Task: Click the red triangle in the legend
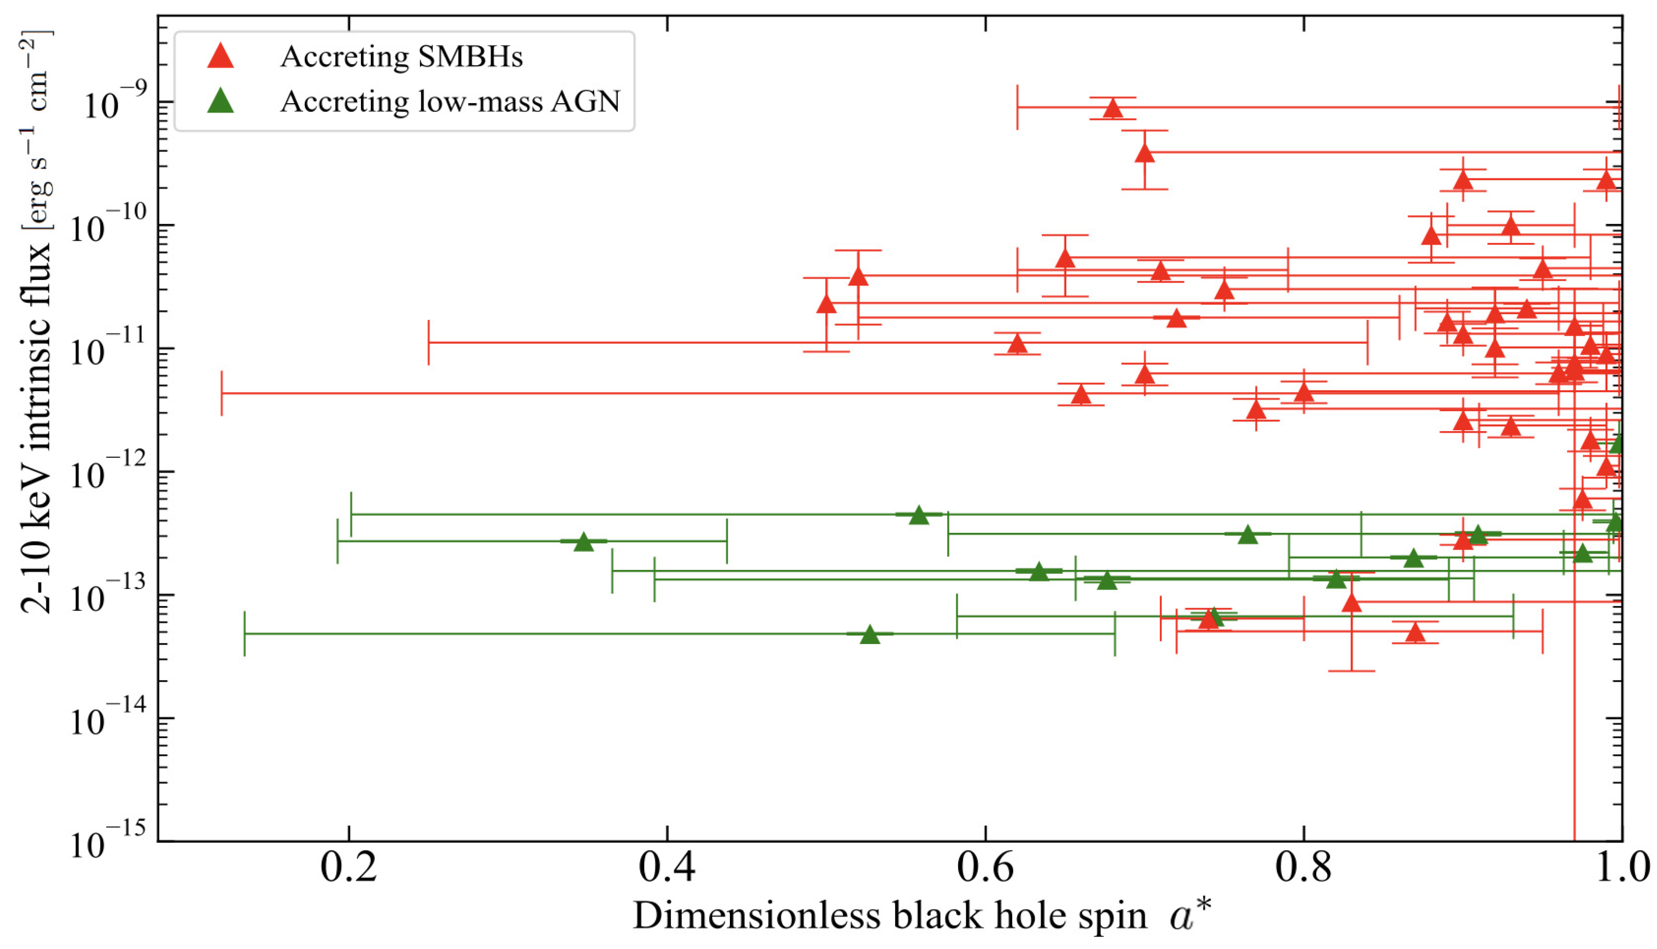click(220, 56)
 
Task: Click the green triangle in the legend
click(220, 101)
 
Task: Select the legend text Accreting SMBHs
click(401, 57)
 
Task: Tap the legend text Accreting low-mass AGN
click(450, 102)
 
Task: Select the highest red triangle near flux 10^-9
click(1113, 108)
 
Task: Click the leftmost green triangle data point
click(584, 542)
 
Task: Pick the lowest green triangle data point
click(870, 635)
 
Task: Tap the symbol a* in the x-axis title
click(1189, 914)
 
